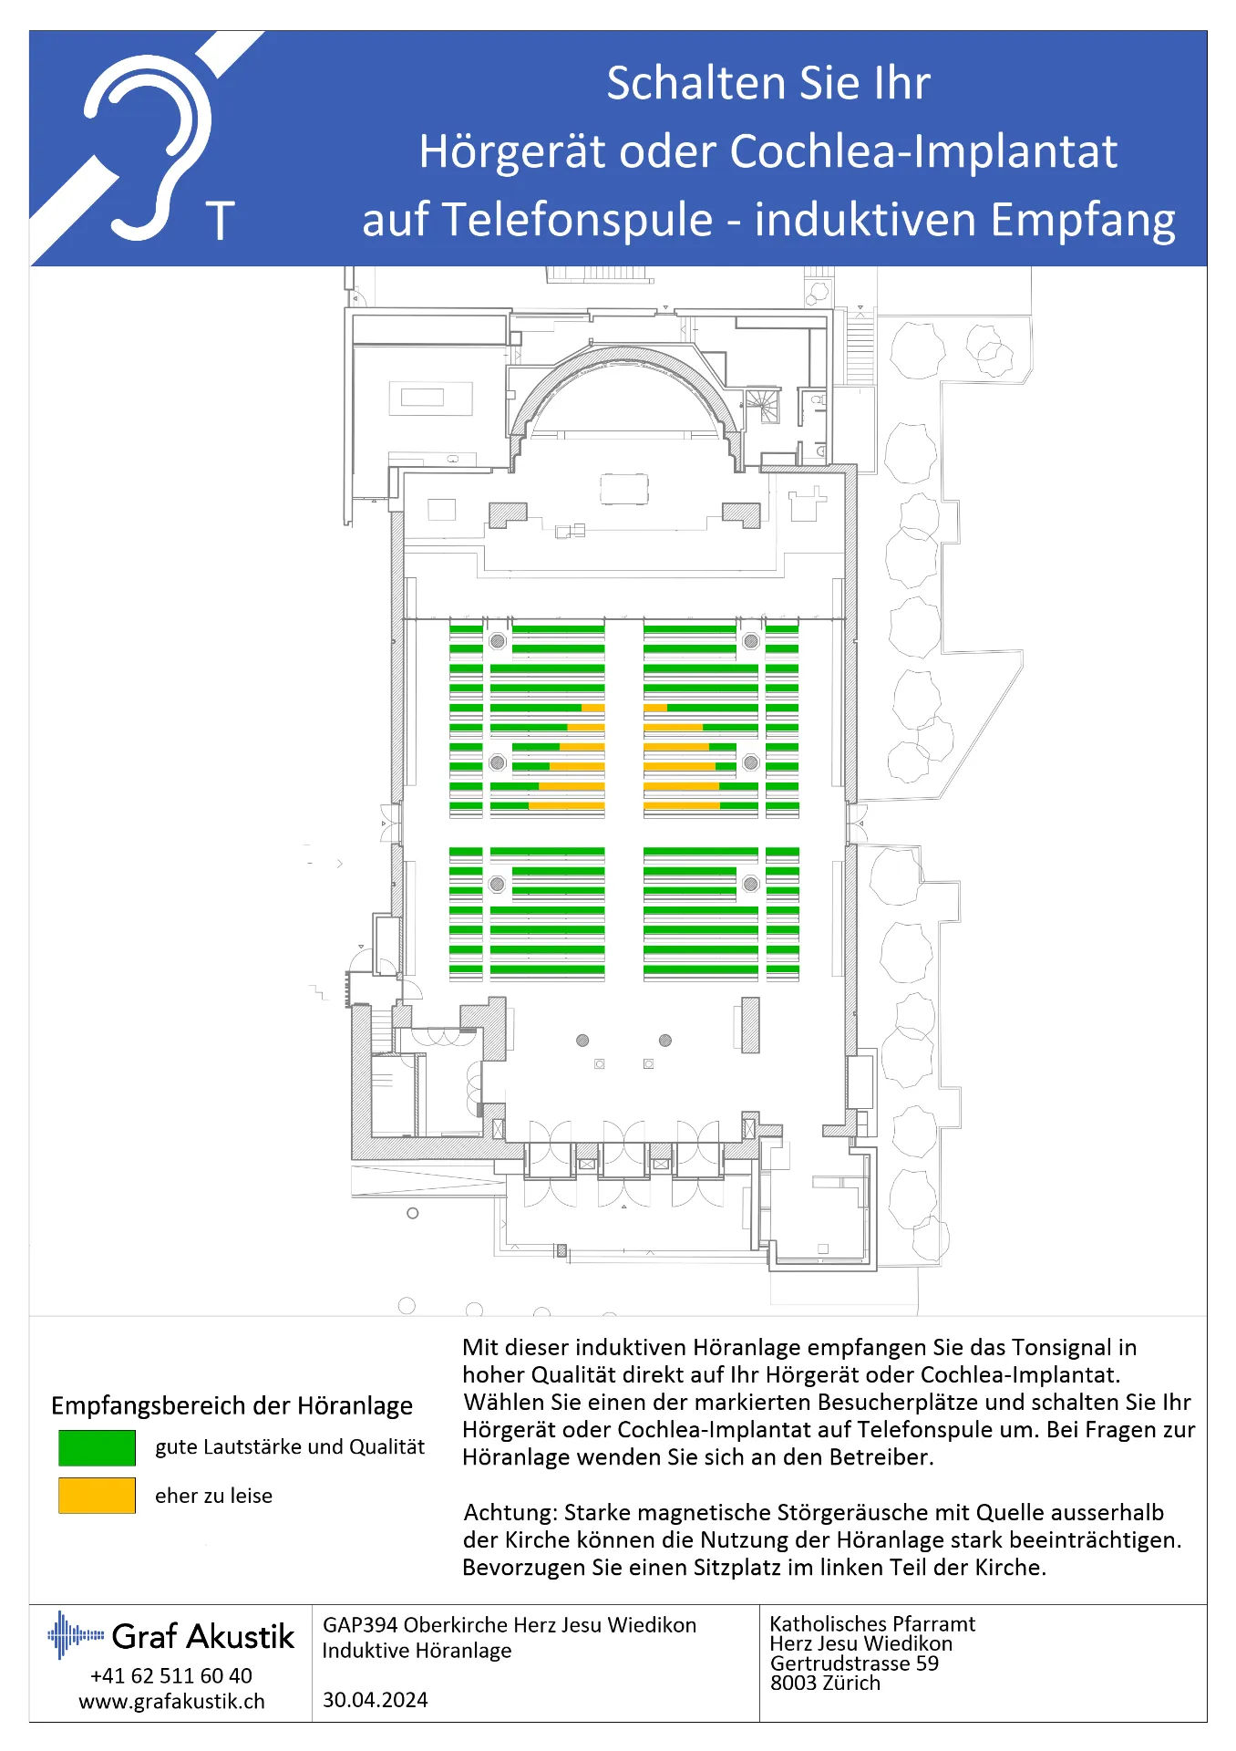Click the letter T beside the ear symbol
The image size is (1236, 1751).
[x=221, y=221]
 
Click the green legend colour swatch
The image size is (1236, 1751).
[x=97, y=1447]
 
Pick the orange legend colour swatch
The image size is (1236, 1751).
[x=97, y=1496]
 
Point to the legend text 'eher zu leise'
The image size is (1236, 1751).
[x=213, y=1496]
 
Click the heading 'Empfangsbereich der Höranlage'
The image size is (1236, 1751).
[x=232, y=1405]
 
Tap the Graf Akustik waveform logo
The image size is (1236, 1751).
[x=76, y=1634]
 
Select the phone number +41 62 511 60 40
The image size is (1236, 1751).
[x=171, y=1675]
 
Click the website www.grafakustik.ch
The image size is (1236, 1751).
[x=171, y=1702]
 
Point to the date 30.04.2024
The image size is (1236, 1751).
[x=375, y=1700]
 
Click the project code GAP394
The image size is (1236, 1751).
[x=360, y=1625]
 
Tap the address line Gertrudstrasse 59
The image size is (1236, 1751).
[x=854, y=1663]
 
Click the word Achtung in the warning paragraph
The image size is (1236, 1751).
[x=510, y=1513]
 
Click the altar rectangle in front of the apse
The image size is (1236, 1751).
[x=624, y=489]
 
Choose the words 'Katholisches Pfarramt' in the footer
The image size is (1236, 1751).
[x=872, y=1623]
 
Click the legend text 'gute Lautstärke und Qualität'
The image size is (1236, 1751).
[x=290, y=1447]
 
